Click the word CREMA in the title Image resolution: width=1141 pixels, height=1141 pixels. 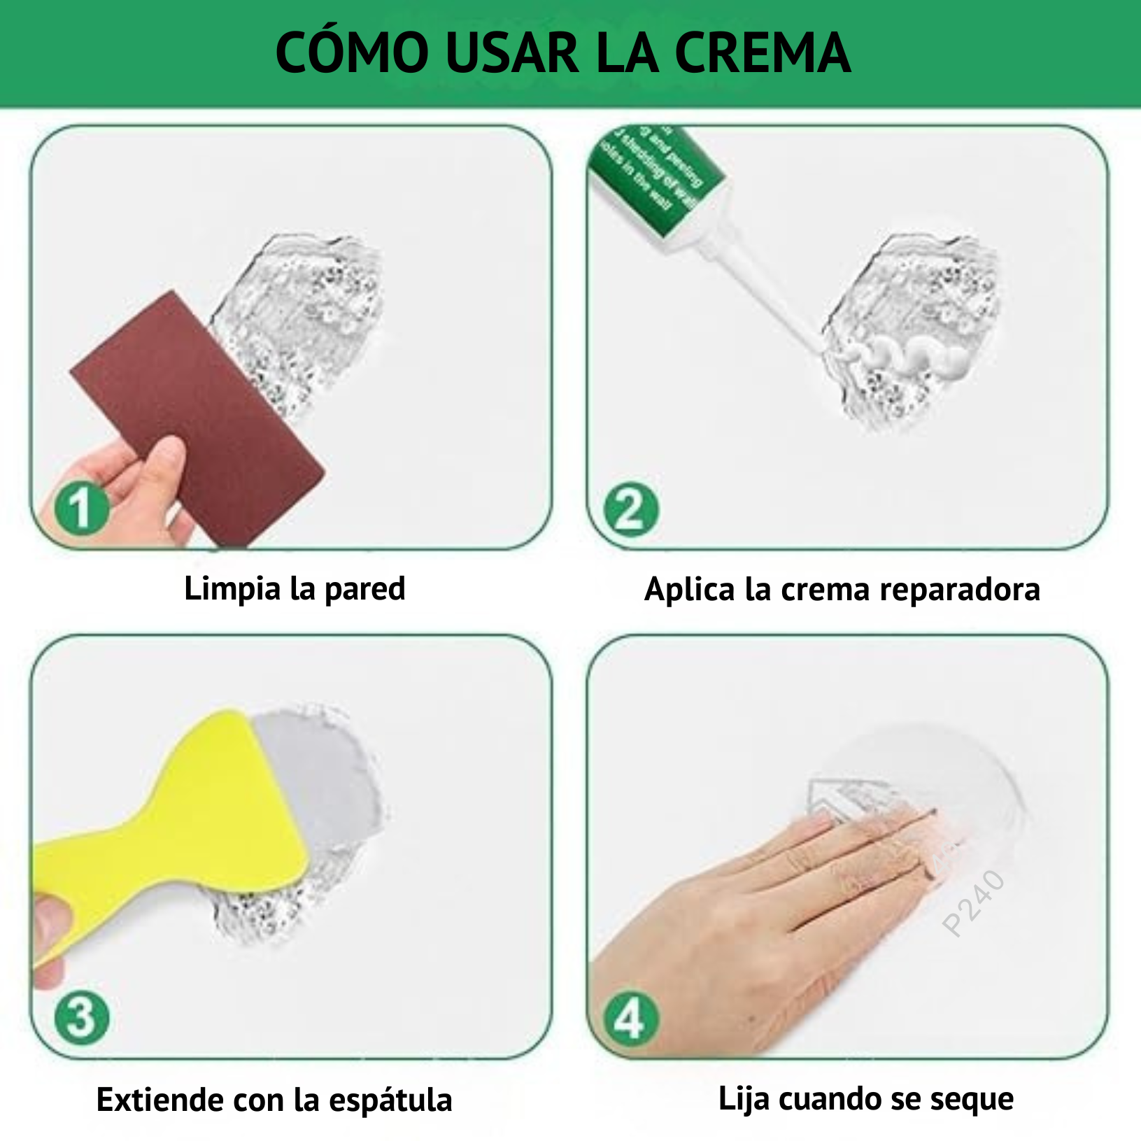[x=763, y=53]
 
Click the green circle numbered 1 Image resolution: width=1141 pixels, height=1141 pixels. [x=82, y=508]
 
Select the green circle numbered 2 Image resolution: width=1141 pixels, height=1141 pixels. [x=632, y=509]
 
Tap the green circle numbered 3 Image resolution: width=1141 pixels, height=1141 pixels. [x=82, y=1017]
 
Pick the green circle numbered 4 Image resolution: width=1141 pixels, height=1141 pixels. [x=630, y=1019]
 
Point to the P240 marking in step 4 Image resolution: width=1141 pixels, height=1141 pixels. [x=974, y=902]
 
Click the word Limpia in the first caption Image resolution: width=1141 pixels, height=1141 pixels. [x=232, y=589]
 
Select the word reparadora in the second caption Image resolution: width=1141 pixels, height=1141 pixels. [x=960, y=590]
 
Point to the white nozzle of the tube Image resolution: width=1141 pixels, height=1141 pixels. [x=763, y=287]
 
